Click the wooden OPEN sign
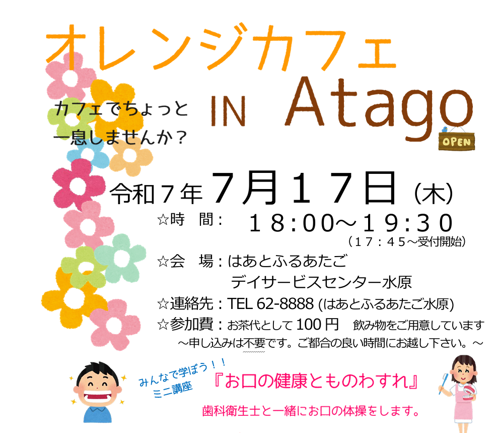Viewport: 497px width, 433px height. [457, 142]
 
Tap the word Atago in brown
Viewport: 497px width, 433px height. [379, 108]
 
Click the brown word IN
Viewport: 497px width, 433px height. [228, 111]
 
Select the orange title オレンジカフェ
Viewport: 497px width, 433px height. [221, 47]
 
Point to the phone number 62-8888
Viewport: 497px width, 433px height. [285, 303]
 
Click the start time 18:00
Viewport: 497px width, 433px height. [292, 223]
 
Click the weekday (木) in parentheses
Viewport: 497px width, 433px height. [433, 194]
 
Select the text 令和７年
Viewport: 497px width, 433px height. [156, 194]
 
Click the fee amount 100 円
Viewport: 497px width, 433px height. [317, 325]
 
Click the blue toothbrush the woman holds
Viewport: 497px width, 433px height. [443, 383]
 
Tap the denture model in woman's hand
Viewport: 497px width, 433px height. [468, 393]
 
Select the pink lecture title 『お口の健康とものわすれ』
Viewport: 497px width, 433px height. [316, 381]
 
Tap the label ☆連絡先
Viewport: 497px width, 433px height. [185, 303]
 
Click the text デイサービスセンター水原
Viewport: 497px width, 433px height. [321, 282]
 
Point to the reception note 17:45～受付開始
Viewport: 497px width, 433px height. [407, 242]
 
